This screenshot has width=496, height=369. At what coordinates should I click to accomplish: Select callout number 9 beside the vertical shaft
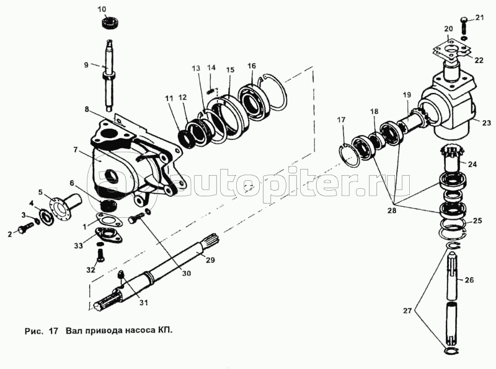coord(87,64)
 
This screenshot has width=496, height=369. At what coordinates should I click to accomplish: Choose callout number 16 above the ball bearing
coord(252,66)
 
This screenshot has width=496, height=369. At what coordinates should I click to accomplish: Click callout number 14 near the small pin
coord(211,67)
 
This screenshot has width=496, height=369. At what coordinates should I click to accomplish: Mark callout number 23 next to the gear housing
coord(485,122)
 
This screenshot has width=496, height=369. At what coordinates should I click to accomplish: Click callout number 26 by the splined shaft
coord(469,279)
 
